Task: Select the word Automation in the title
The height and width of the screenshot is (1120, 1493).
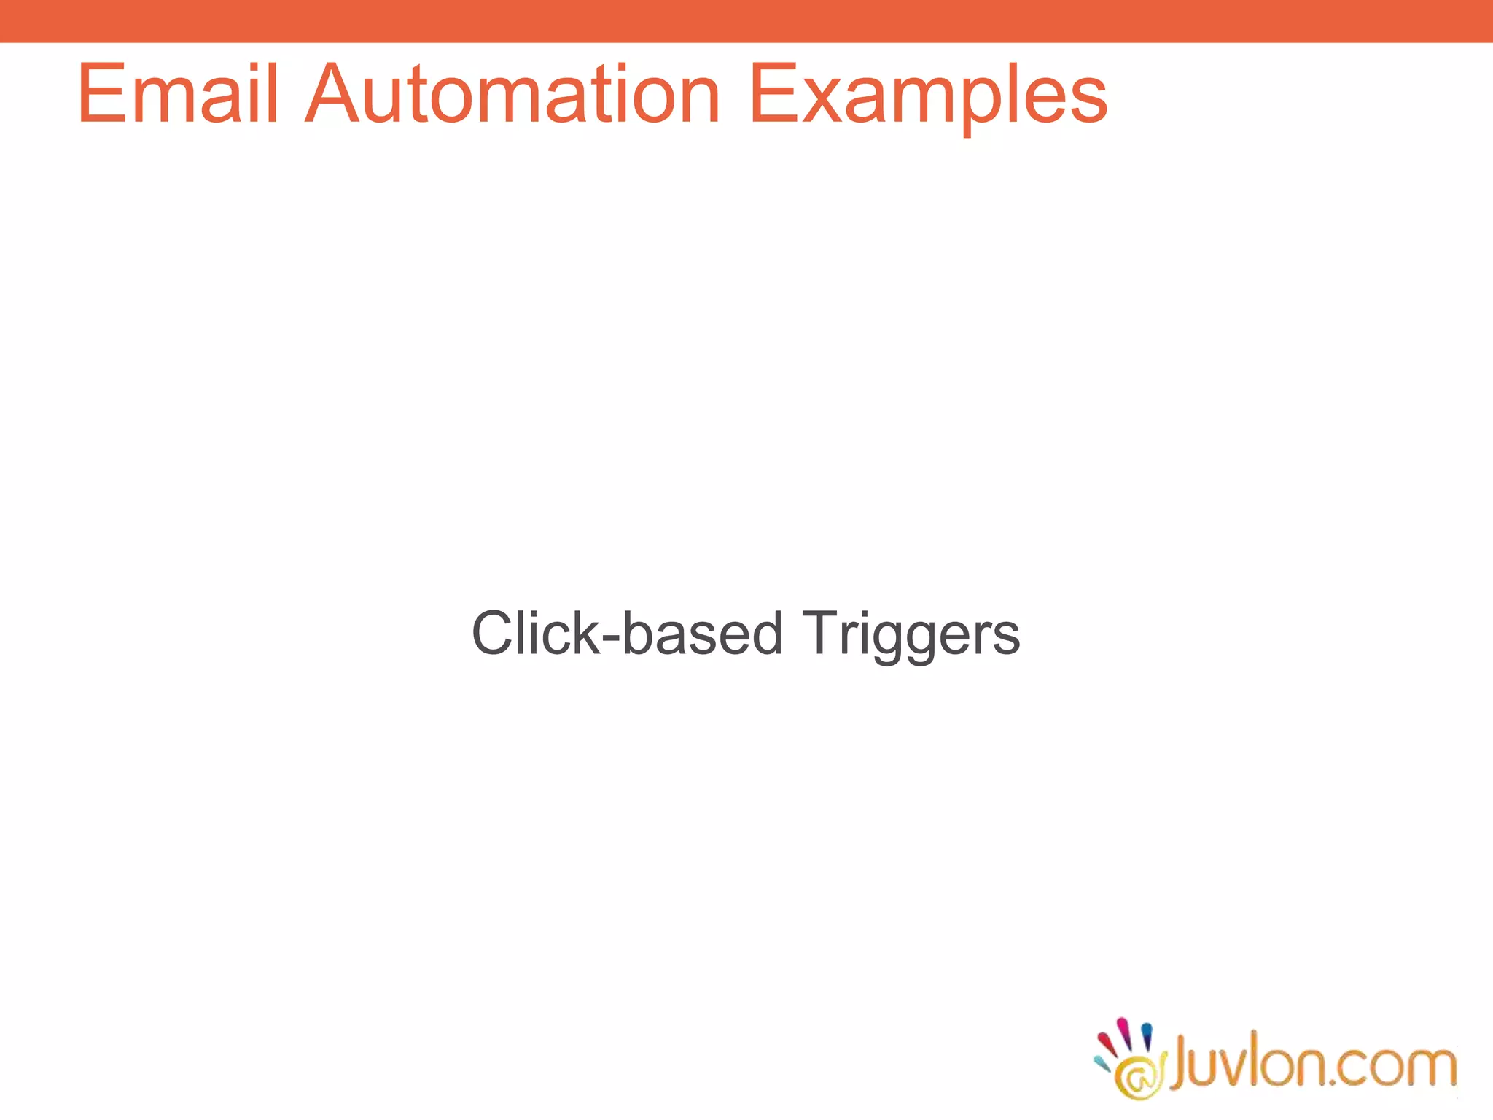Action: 512,95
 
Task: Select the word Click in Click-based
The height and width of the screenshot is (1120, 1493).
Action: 535,633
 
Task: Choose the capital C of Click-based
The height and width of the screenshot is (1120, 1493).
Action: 494,633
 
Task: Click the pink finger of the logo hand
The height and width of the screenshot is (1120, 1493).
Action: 1125,1030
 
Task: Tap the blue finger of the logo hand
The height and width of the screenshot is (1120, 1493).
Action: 1147,1035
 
